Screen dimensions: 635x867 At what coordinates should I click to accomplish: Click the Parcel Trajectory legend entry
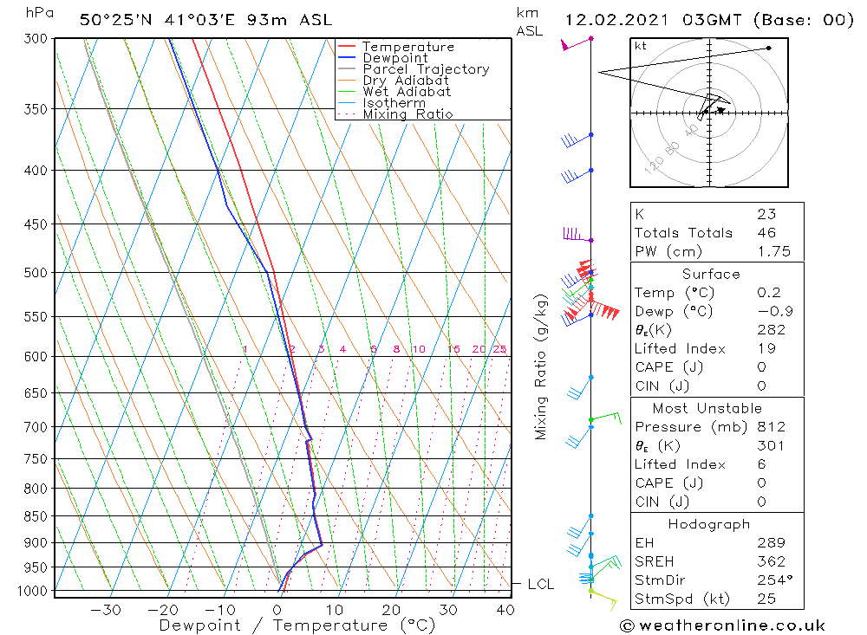[x=426, y=69]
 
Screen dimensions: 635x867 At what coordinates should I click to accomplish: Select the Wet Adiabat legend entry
[x=407, y=92]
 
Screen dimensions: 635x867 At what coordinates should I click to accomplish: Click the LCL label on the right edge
[x=540, y=585]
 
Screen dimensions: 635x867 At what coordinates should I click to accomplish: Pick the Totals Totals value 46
[x=766, y=233]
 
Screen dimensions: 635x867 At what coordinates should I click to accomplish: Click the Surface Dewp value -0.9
[x=769, y=312]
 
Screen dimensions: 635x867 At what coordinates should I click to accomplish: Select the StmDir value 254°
[x=771, y=580]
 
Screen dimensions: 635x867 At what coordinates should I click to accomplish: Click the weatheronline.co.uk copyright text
[x=722, y=625]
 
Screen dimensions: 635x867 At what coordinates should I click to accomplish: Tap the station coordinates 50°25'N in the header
[x=116, y=20]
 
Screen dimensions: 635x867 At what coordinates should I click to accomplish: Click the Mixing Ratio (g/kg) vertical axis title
[x=542, y=367]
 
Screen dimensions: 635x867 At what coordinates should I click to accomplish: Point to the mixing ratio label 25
[x=499, y=350]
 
